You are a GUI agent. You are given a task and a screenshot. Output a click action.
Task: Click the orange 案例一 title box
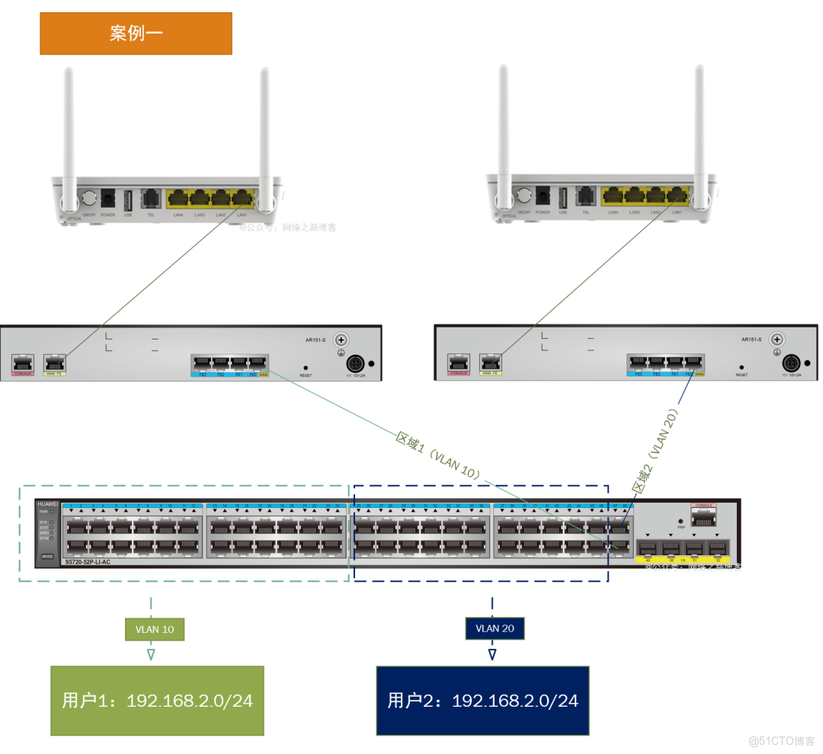click(x=136, y=34)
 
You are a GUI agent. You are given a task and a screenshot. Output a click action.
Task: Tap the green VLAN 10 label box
click(x=155, y=629)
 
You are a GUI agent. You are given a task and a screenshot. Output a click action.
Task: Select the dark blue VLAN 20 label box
click(x=495, y=628)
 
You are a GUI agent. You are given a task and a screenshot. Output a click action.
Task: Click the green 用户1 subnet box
click(x=157, y=701)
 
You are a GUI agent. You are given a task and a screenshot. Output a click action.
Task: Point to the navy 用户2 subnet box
click(x=482, y=701)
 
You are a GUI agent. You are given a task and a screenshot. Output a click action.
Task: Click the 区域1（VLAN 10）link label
click(x=438, y=456)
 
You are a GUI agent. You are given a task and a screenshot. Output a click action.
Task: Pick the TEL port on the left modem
click(x=151, y=200)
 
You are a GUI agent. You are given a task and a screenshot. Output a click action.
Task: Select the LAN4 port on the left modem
click(x=178, y=200)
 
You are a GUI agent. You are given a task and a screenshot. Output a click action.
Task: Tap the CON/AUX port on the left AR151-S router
click(x=23, y=364)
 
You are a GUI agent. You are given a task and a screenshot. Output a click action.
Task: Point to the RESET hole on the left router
click(x=306, y=368)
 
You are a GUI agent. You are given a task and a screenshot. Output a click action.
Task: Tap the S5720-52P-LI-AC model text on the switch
click(x=88, y=562)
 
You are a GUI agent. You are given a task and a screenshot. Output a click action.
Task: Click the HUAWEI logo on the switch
click(x=47, y=503)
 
